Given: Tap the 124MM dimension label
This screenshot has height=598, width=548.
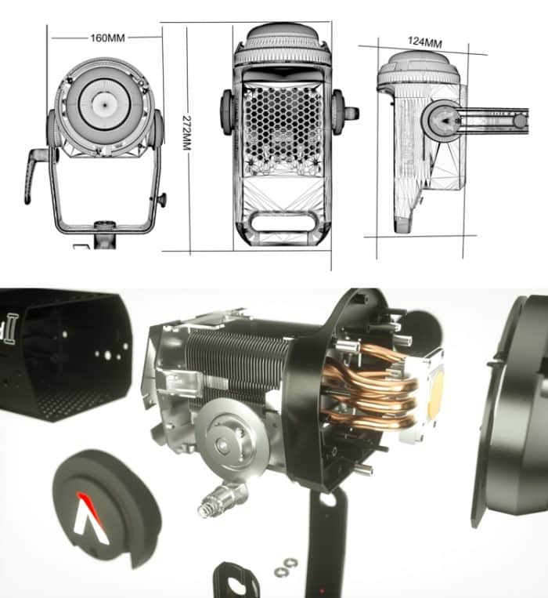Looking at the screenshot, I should click(424, 42).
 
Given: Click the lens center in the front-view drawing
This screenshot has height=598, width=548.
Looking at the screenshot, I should click(104, 102).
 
